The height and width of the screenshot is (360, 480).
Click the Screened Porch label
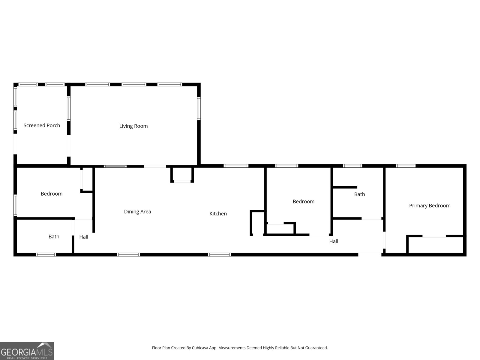click(42, 125)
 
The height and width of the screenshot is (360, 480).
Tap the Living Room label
click(133, 126)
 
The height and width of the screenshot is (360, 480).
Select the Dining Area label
click(137, 211)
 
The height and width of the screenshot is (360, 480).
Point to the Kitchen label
click(218, 214)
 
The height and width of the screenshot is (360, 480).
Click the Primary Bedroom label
click(430, 205)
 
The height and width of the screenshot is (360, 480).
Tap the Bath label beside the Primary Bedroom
click(359, 194)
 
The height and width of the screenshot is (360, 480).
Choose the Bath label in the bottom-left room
click(54, 237)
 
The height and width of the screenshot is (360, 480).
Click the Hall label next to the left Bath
click(84, 237)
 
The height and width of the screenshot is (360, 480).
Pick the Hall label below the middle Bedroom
click(334, 241)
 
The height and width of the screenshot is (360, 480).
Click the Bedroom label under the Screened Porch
click(52, 194)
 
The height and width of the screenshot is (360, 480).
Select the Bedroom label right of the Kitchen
click(304, 202)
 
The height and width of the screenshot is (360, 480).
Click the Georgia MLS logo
click(27, 351)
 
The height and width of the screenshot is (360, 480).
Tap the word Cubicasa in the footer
click(198, 348)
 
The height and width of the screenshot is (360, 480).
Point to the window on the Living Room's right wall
click(199, 109)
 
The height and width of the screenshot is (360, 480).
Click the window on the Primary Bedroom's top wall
click(406, 166)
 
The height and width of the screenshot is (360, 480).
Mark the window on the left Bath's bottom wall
click(46, 255)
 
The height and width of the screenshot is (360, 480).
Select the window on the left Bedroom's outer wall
click(15, 205)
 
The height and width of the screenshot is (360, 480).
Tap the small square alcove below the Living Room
click(182, 174)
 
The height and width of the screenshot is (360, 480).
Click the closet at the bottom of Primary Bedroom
click(435, 245)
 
